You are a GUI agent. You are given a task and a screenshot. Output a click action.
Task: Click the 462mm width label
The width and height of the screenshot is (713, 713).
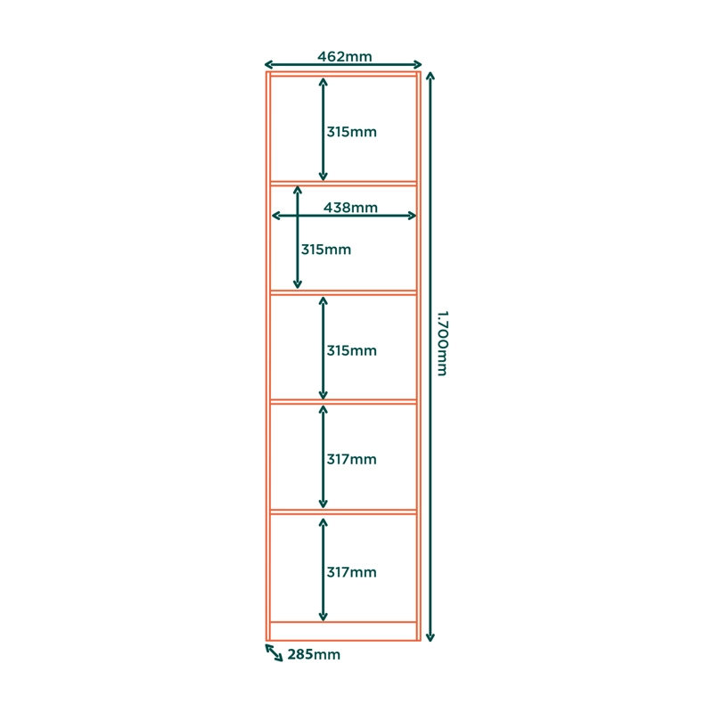click(345, 56)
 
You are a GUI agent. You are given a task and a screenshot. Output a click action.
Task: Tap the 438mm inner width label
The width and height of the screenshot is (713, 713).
click(350, 208)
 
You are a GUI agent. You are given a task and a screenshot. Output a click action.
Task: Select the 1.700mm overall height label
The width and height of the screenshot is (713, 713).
click(442, 343)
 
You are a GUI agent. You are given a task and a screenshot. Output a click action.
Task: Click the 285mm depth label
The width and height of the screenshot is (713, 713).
click(314, 654)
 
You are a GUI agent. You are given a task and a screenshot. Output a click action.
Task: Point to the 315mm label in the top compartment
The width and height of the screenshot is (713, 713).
click(351, 132)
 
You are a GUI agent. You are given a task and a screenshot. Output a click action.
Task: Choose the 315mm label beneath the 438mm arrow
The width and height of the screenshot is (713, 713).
click(326, 250)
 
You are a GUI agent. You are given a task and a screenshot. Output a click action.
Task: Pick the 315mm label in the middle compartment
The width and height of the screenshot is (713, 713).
click(351, 350)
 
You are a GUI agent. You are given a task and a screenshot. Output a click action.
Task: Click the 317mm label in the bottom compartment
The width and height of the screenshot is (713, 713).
click(351, 572)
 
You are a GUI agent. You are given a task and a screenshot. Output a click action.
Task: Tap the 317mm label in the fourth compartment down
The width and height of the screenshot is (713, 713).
click(351, 459)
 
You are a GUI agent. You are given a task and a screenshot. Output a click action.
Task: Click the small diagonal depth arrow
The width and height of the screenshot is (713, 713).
click(275, 652)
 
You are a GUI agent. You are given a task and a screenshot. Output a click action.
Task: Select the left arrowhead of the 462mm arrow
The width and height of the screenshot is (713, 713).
click(268, 64)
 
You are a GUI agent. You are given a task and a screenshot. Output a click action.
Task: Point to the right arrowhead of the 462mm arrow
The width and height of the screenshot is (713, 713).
click(418, 64)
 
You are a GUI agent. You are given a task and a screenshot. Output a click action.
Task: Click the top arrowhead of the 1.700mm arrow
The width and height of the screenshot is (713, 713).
click(430, 76)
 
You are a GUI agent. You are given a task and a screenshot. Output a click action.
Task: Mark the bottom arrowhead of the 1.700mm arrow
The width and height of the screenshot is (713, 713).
click(430, 637)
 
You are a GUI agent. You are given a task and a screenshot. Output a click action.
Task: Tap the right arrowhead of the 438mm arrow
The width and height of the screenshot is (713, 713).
click(412, 216)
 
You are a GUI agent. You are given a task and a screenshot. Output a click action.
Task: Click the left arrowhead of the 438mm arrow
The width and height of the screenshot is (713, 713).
click(275, 216)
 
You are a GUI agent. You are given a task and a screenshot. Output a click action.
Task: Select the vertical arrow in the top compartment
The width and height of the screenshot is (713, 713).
click(323, 129)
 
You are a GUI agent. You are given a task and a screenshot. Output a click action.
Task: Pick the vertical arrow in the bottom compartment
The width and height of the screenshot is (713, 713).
click(323, 570)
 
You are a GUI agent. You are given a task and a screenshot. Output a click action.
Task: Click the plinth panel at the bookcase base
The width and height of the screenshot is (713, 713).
click(343, 631)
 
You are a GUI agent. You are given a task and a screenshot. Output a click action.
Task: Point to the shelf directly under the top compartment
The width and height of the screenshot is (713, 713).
click(343, 184)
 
